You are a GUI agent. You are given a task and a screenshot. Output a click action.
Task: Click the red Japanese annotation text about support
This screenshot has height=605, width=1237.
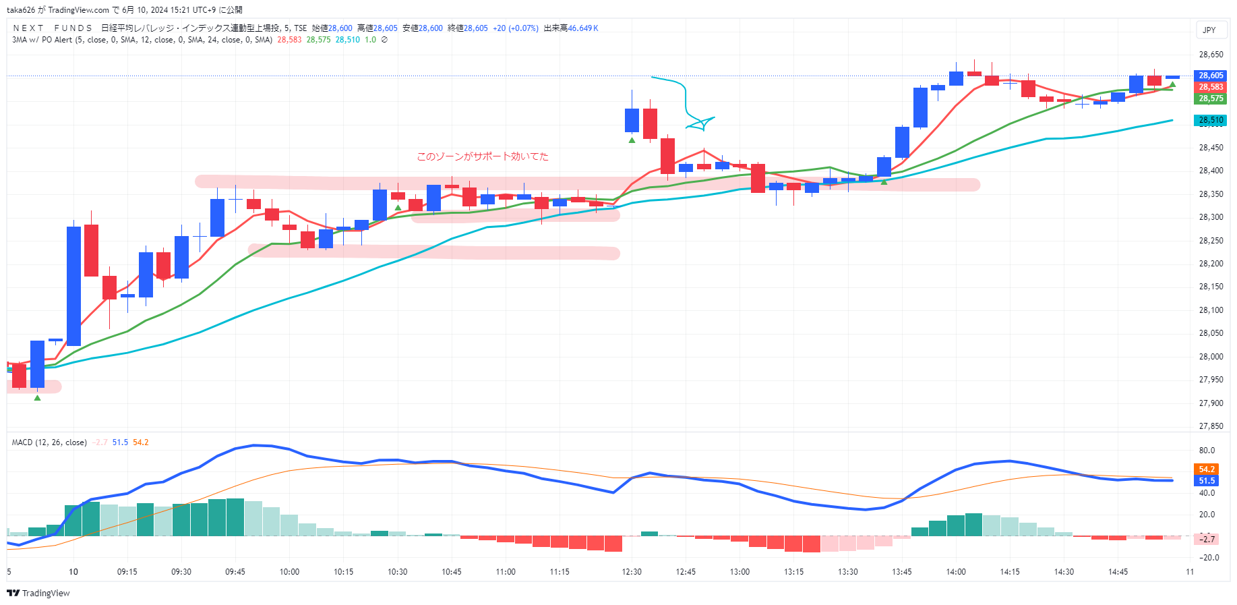483,156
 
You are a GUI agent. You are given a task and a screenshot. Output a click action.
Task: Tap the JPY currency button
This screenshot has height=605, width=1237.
1209,30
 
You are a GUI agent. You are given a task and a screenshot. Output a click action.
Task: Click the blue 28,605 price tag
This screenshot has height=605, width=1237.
1211,76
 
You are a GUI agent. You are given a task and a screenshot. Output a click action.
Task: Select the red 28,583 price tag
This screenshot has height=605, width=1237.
1211,87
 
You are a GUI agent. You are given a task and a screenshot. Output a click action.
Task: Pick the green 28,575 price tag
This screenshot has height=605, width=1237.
1211,98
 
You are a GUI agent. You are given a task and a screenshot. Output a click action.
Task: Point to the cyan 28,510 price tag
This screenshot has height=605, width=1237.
1211,120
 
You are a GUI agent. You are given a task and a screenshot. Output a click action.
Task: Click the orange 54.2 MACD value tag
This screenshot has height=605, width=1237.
1206,469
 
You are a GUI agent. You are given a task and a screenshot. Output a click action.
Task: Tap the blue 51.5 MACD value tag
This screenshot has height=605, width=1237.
1206,481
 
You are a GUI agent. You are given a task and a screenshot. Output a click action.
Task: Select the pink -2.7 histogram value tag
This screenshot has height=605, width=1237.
1206,539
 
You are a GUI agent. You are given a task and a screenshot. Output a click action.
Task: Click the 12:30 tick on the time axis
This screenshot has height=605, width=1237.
632,572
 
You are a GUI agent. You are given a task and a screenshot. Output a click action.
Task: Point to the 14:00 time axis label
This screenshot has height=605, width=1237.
956,572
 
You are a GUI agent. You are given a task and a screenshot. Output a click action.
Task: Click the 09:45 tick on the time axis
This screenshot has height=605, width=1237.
235,572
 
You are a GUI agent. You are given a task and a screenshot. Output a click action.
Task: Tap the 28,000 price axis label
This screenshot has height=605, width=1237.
1211,357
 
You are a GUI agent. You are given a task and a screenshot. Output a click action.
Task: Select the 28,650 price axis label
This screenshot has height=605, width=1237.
1211,55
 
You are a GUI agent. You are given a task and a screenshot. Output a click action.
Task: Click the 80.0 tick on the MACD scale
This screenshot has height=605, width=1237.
1207,451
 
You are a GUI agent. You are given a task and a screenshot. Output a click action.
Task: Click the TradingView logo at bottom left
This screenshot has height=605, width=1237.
38,594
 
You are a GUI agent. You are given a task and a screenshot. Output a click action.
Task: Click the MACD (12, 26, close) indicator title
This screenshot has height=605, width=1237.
49,442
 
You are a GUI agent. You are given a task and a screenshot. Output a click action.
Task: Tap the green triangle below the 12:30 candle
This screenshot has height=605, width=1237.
632,140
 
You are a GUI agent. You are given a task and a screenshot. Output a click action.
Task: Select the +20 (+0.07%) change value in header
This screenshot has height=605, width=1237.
516,28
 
